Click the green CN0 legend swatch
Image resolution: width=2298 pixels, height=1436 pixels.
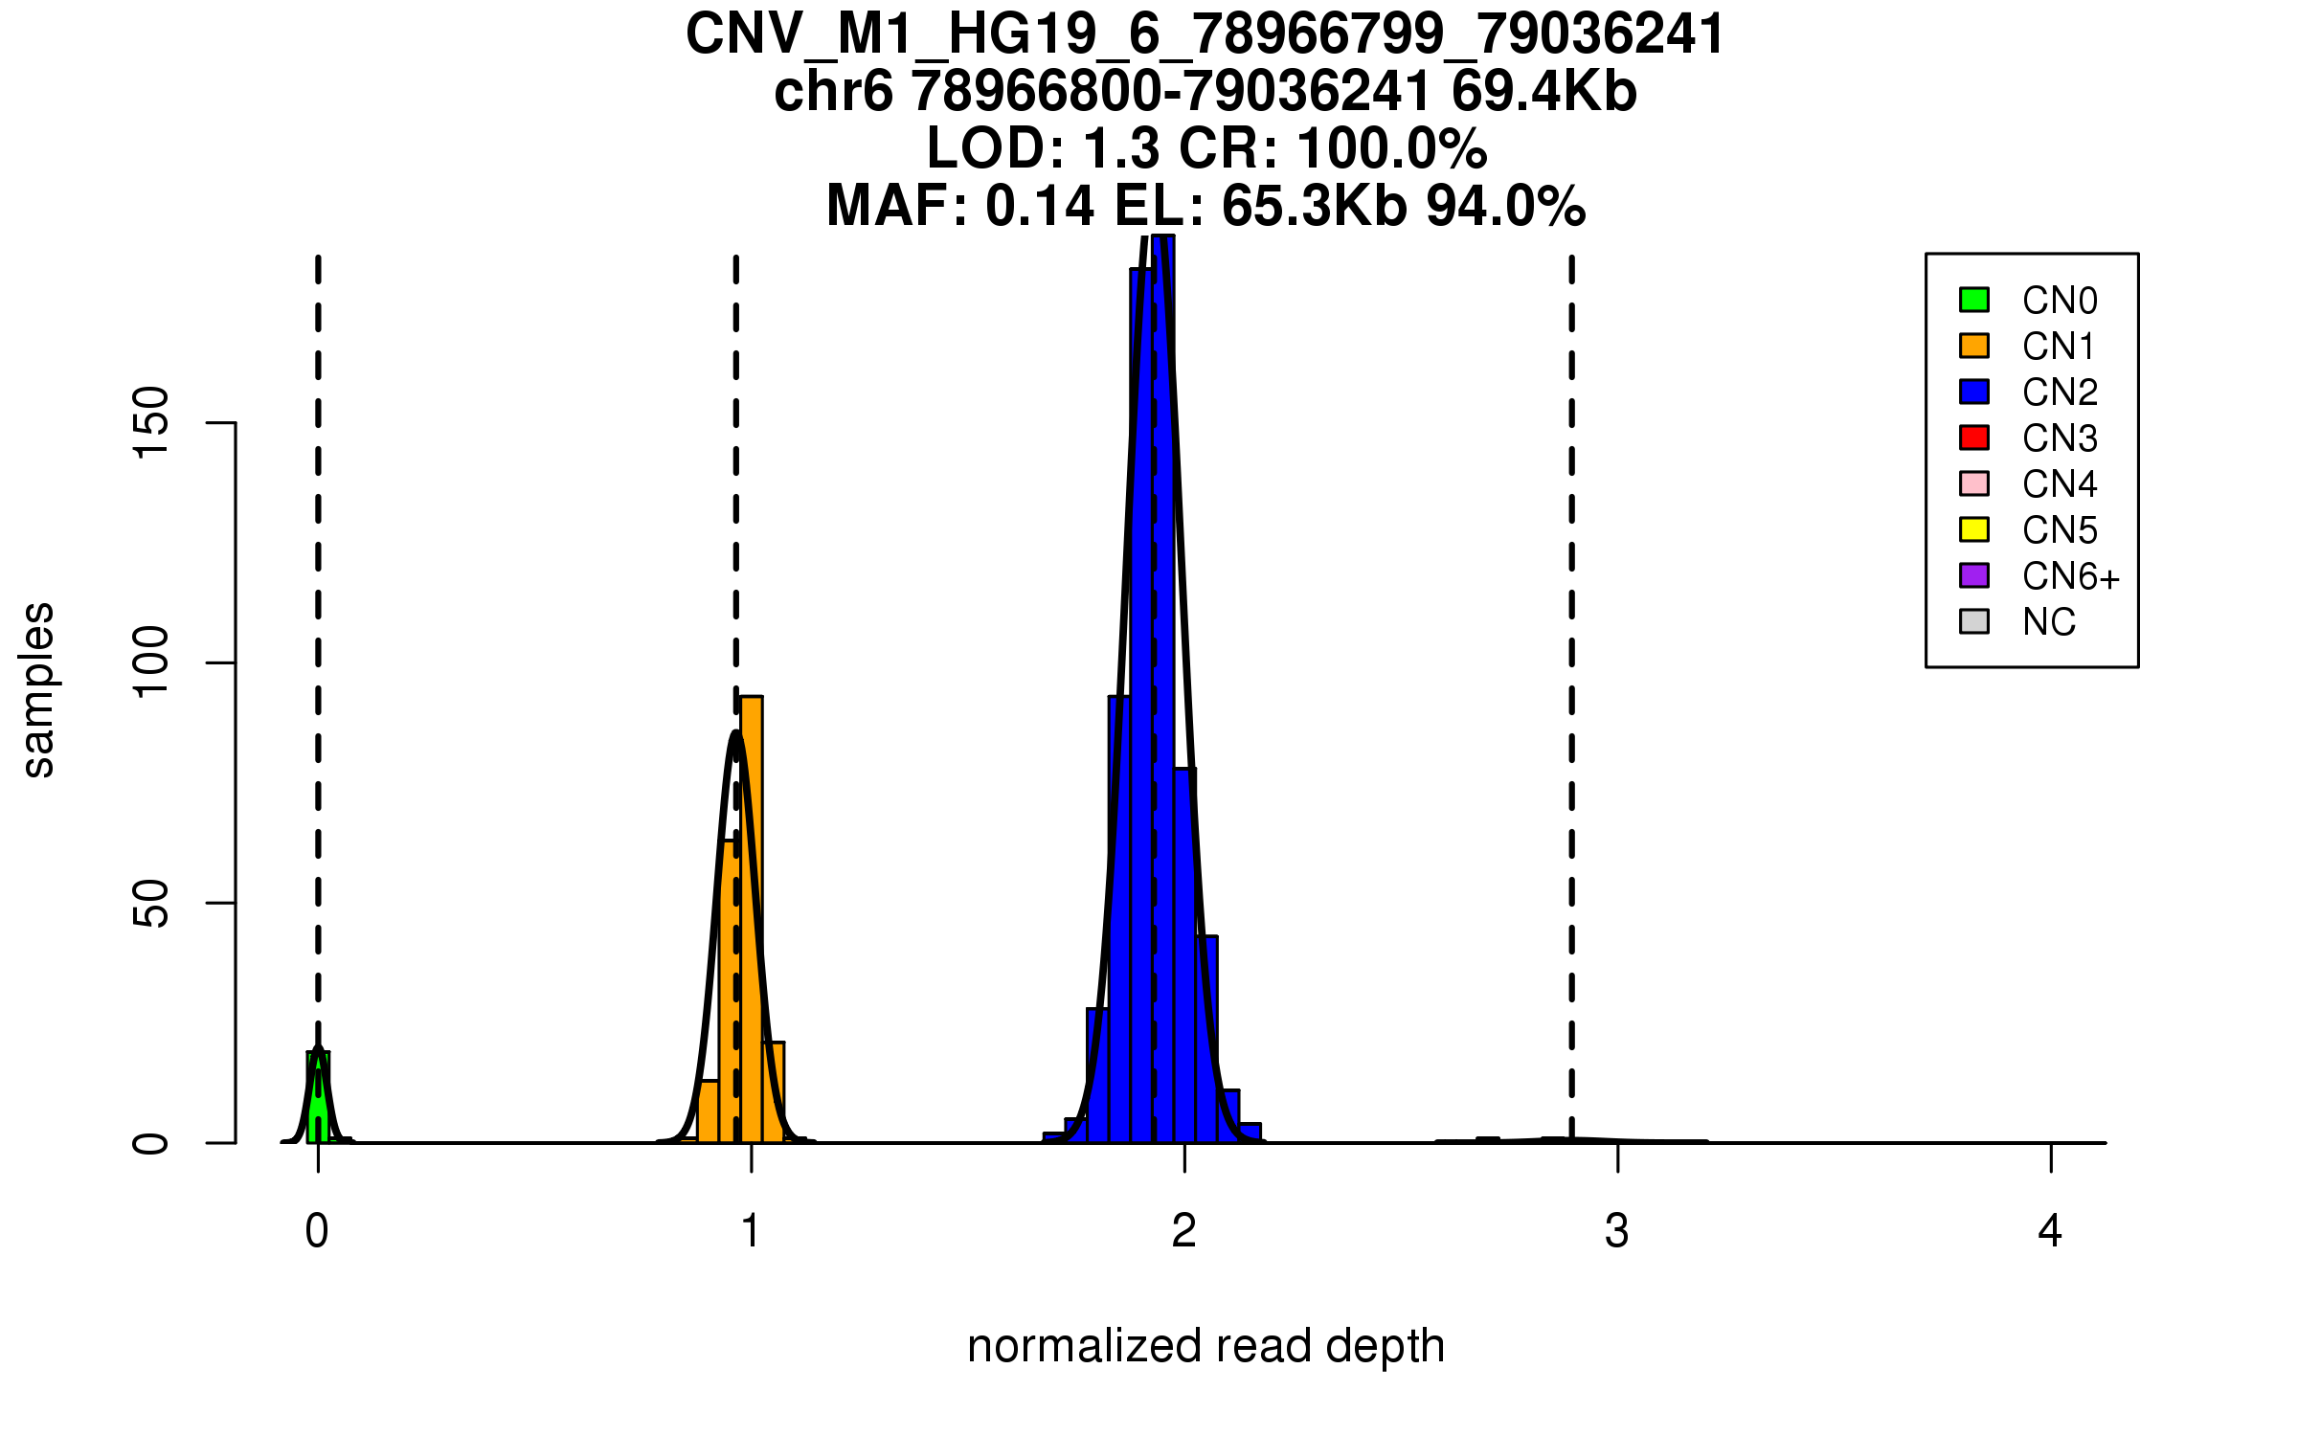(1974, 300)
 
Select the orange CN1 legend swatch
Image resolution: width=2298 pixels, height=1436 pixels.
(1974, 346)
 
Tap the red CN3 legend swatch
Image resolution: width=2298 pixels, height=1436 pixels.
(1974, 438)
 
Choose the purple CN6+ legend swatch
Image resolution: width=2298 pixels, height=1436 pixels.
(1974, 575)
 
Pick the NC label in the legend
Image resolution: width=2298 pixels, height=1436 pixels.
(2049, 622)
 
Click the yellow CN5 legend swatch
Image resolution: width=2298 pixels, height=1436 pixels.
(1974, 529)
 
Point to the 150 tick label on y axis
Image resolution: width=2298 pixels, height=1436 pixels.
(151, 422)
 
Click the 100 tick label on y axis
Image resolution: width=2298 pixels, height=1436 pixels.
(151, 662)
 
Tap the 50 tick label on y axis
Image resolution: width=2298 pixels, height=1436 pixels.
(151, 904)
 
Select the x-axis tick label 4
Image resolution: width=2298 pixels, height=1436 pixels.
(2050, 1231)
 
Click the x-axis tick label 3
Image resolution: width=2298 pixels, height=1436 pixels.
(1617, 1231)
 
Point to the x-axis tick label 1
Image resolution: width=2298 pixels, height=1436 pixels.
(751, 1231)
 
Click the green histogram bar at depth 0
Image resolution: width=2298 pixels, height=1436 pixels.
(318, 1101)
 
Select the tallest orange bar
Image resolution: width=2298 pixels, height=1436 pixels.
(752, 919)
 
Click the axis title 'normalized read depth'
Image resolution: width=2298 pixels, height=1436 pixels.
(1205, 1346)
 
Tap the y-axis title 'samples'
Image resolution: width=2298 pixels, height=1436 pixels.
(38, 689)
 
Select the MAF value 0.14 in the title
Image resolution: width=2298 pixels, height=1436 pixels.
(1040, 206)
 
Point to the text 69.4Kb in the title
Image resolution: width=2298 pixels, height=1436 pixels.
(1543, 92)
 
